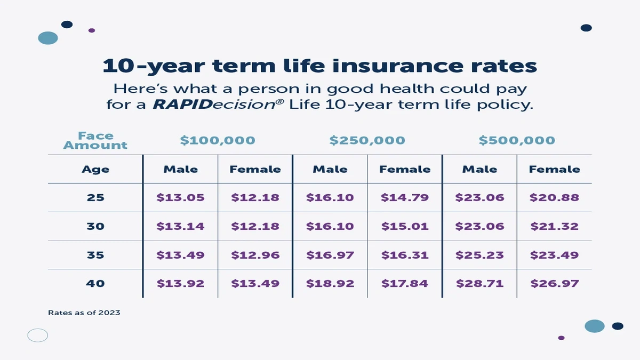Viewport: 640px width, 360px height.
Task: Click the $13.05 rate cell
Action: tap(180, 198)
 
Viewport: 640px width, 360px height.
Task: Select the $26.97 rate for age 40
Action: tap(554, 284)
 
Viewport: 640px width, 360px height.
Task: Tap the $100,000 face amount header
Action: tap(218, 141)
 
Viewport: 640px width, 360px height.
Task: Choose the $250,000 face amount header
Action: tap(367, 141)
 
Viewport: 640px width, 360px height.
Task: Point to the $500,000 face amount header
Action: tap(516, 141)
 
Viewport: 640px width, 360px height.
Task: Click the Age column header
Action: tap(95, 170)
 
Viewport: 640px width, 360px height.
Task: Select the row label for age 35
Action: tap(95, 255)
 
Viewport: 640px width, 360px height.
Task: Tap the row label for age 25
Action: tap(95, 198)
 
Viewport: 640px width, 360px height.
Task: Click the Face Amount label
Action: tap(95, 140)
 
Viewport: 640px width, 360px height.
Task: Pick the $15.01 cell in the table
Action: tap(405, 227)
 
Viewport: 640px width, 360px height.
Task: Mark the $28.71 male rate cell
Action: tap(479, 284)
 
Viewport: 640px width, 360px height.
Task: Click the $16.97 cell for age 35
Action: tap(330, 255)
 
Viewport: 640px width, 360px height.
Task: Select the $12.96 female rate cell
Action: tap(255, 255)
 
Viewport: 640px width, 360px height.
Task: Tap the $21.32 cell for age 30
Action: tap(554, 227)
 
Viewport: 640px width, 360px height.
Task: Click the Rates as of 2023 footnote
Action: tap(84, 313)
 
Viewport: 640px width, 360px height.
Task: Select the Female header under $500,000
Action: tap(554, 170)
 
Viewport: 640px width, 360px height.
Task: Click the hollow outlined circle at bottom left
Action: tap(38, 335)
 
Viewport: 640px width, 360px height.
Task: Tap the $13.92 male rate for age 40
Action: tap(180, 284)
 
